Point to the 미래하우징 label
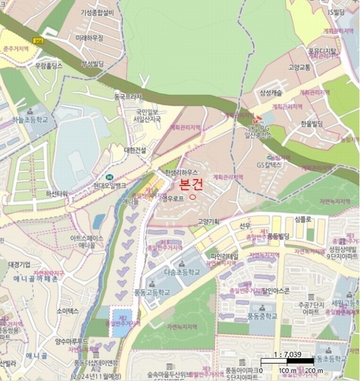pyautogui.click(x=89, y=38)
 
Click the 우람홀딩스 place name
pyautogui.click(x=49, y=65)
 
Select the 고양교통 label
pyautogui.click(x=298, y=67)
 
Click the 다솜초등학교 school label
pyautogui.click(x=182, y=271)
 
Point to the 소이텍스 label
pyautogui.click(x=67, y=311)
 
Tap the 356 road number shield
pyautogui.click(x=39, y=41)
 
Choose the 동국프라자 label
pyautogui.click(x=128, y=97)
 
